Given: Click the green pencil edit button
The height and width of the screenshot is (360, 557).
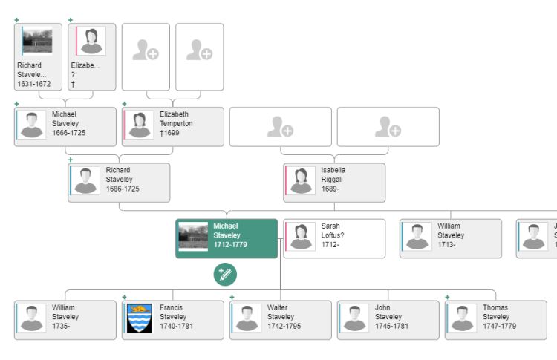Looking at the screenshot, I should (x=225, y=275).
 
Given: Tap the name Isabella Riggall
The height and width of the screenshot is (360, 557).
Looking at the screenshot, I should (x=333, y=174).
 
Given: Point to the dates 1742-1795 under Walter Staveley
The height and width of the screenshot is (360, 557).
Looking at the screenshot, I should (x=284, y=327).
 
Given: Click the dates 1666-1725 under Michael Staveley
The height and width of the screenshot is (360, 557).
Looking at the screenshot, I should (x=69, y=133).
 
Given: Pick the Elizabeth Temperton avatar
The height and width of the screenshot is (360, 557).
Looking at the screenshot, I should (x=140, y=125).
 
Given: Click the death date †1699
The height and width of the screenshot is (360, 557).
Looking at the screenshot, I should (x=169, y=133).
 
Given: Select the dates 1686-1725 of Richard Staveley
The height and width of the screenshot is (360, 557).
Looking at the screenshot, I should (x=123, y=189).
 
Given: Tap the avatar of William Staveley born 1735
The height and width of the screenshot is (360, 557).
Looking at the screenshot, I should (x=32, y=318).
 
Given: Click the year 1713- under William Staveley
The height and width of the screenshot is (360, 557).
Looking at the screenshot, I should (x=446, y=244).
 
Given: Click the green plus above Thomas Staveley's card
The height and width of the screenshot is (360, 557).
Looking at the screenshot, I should (x=447, y=297).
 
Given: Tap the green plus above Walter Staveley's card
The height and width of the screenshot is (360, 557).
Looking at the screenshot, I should (x=232, y=297).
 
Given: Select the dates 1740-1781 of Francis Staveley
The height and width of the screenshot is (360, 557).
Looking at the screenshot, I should (x=177, y=327).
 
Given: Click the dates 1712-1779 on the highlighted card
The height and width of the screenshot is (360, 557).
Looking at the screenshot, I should (x=230, y=244).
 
